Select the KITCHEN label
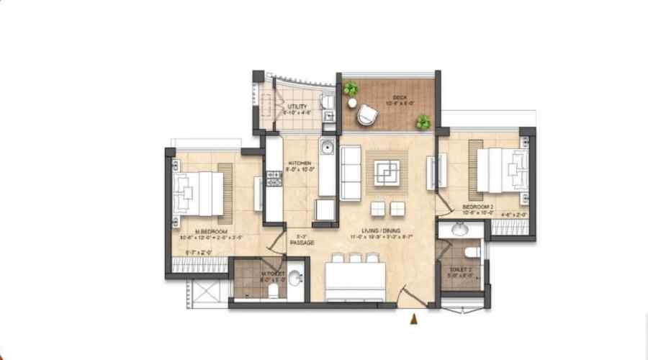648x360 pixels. coord(299,163)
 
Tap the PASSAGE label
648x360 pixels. coord(298,243)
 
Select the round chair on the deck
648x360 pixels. coord(367,113)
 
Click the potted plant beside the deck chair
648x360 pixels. coord(351,90)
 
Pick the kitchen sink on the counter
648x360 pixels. coord(327,148)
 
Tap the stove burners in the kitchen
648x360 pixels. coord(274,178)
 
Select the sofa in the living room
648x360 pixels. coord(350,173)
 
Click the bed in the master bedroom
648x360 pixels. coord(198,193)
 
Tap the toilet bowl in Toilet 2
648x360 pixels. coord(471,252)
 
